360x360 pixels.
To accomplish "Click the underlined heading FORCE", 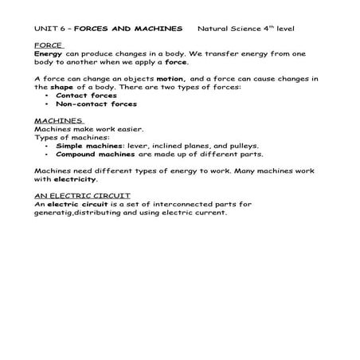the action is pyautogui.click(x=49, y=45).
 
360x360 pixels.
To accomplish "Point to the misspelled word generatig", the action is pyautogui.click(x=57, y=213).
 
